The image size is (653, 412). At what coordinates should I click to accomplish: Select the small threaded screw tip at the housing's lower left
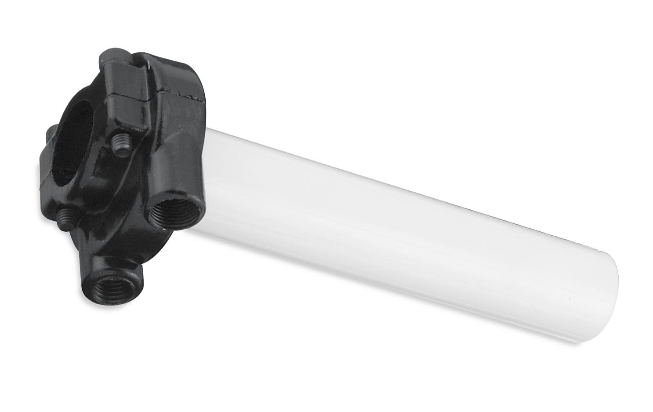click(x=66, y=215)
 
